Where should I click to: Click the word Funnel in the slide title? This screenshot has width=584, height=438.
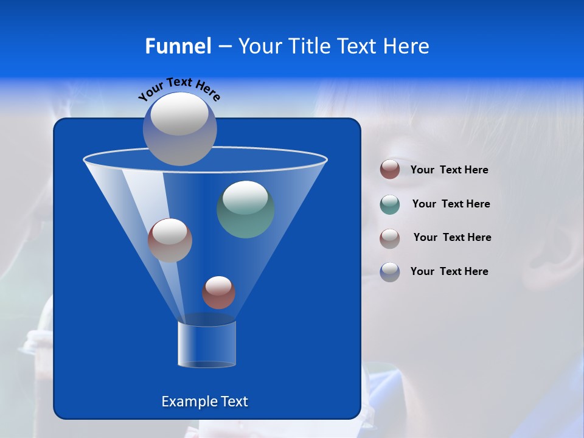pos(178,46)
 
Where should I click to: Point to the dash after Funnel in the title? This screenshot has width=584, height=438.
pos(224,47)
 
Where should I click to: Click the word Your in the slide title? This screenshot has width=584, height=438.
pos(262,46)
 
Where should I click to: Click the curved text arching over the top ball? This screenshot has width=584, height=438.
pos(179,88)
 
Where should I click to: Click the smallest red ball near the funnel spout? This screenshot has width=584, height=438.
pos(218,293)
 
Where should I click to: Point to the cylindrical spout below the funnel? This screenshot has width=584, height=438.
pos(207,344)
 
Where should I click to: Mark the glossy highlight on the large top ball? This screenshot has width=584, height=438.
pos(179,114)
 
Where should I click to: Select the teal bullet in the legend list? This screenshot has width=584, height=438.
pos(390,204)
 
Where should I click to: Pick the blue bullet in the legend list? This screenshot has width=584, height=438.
pos(390,272)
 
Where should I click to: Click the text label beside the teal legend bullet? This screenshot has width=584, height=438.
pos(451,204)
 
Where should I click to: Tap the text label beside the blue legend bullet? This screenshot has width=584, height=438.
pos(449,271)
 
